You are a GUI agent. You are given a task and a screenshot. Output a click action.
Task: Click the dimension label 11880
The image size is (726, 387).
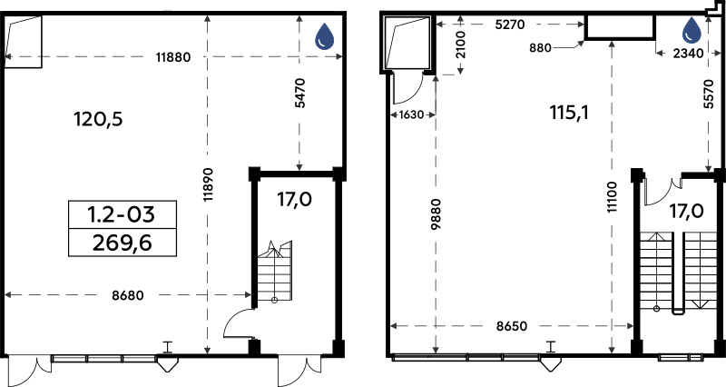pyautogui.click(x=173, y=57)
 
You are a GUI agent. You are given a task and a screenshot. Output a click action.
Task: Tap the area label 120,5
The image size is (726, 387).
pyautogui.click(x=98, y=120)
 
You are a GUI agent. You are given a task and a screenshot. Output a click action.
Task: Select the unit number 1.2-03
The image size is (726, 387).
pyautogui.click(x=122, y=214)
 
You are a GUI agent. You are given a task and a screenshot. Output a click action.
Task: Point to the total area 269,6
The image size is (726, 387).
pyautogui.click(x=123, y=243)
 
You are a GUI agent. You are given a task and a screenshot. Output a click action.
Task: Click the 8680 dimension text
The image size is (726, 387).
pyautogui.click(x=128, y=295)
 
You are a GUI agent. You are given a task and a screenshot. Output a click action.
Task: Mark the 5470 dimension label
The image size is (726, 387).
pyautogui.click(x=300, y=94)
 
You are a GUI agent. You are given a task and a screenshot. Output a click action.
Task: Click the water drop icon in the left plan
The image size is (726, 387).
pyautogui.click(x=325, y=36)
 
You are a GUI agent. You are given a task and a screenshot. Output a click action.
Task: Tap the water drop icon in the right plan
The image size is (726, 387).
pyautogui.click(x=692, y=31)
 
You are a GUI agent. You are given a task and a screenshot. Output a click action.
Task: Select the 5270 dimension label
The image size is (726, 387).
pyautogui.click(x=510, y=25)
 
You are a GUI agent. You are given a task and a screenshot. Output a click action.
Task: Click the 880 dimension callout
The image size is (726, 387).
pyautogui.click(x=540, y=47)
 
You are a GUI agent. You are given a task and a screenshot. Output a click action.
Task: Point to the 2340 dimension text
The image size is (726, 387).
pyautogui.click(x=688, y=54)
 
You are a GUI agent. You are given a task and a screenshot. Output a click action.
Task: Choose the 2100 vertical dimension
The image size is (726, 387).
pyautogui.click(x=461, y=45)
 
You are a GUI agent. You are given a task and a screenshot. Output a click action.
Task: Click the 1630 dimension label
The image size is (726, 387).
pyautogui.click(x=411, y=114)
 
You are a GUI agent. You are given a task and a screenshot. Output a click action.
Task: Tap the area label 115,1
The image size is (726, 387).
pyautogui.click(x=569, y=112)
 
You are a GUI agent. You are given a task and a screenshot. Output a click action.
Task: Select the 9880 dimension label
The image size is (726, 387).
pyautogui.click(x=436, y=213)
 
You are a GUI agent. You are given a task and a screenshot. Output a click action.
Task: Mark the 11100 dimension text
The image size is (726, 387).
pyautogui.click(x=612, y=196)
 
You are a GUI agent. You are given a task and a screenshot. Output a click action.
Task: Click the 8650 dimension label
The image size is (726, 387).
pyautogui.click(x=512, y=326)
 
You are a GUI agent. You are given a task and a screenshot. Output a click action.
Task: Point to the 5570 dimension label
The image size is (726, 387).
pyautogui.click(x=709, y=94)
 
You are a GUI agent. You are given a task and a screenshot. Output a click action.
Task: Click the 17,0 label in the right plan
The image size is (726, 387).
pyautogui.click(x=686, y=212)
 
